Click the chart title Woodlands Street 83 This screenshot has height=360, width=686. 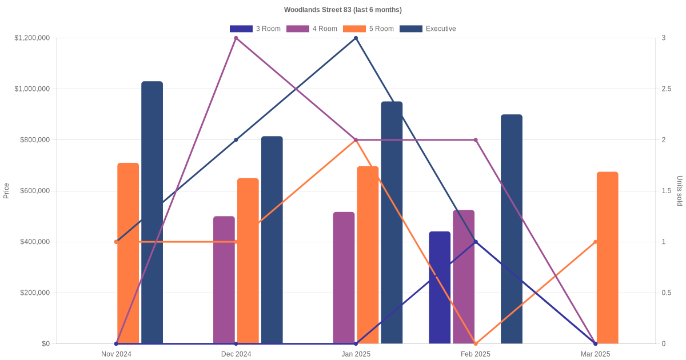click(342, 10)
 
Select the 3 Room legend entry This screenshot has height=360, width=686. click(255, 29)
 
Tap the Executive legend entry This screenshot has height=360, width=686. click(428, 29)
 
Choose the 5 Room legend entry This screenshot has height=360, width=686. click(368, 29)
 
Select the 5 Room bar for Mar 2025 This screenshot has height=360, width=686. click(607, 258)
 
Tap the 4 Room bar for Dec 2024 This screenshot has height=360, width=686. click(224, 280)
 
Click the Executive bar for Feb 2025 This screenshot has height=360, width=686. click(512, 229)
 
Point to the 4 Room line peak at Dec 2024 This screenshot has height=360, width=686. click(236, 38)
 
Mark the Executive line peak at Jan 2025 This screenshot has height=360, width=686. click(356, 38)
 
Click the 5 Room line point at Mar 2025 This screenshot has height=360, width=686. click(596, 242)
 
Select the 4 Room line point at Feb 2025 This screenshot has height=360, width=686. click(476, 140)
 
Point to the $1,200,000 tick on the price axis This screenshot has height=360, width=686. click(33, 38)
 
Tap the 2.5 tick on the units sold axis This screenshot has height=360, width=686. click(667, 89)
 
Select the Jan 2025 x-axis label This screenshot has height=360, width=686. click(356, 354)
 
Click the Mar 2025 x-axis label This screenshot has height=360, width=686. click(596, 354)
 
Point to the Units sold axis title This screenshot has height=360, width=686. click(679, 191)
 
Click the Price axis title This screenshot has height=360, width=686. click(6, 191)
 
